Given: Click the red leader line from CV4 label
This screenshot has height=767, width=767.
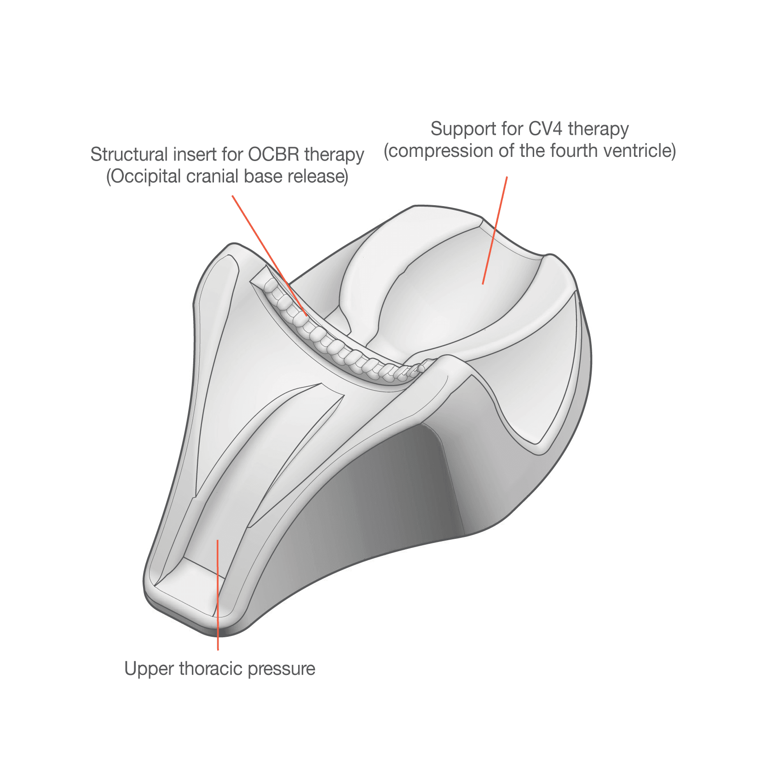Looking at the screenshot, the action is tap(495, 231).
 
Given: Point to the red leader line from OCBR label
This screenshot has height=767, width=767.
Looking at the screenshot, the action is tap(270, 256).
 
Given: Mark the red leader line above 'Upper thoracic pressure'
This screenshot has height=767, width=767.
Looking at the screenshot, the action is tap(218, 595).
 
